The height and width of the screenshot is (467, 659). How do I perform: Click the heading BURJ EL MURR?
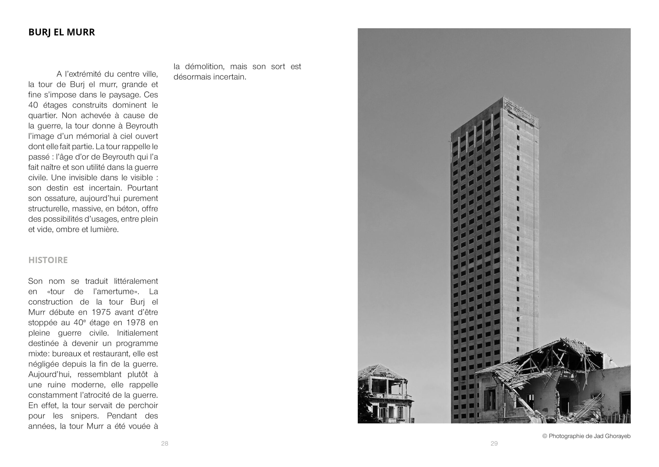(61, 32)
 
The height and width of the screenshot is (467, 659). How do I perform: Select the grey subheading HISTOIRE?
(48, 260)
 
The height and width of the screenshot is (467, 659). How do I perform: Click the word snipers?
(86, 416)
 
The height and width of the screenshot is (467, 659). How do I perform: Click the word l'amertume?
(115, 291)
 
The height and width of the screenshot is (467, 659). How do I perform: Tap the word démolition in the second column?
(205, 66)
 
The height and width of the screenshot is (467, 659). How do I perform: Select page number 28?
(164, 443)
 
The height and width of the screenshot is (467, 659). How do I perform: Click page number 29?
(494, 443)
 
